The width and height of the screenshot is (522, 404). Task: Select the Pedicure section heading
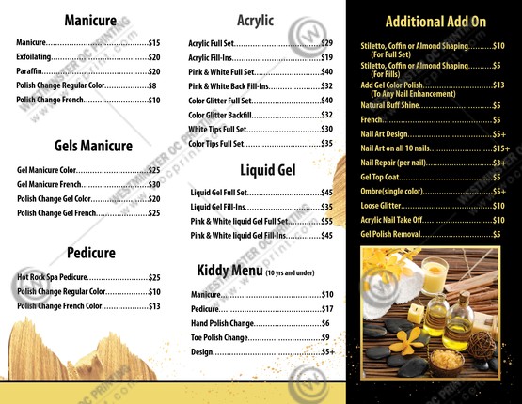point(91,253)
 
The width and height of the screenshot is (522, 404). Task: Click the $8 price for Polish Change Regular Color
point(151,85)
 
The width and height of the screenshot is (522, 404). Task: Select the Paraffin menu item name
point(31,71)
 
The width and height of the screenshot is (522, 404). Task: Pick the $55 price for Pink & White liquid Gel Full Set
point(326,221)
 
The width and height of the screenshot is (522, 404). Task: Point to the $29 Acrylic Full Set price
point(326,43)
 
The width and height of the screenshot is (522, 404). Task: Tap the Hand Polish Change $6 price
point(324,323)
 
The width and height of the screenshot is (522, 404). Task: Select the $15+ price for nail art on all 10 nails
point(500,148)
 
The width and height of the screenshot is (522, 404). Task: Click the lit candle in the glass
point(435,279)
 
